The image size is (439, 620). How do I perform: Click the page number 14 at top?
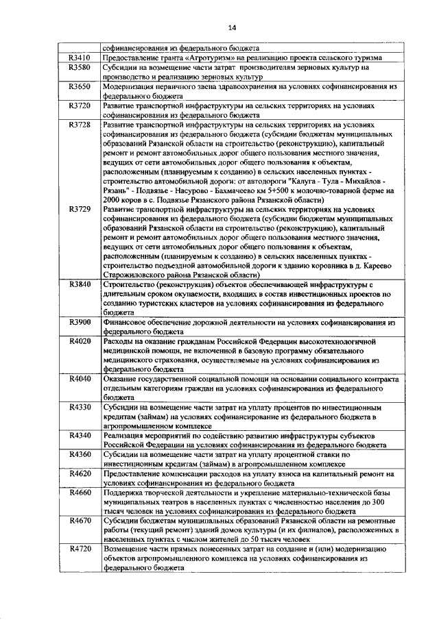point(233,27)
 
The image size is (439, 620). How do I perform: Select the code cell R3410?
point(80,58)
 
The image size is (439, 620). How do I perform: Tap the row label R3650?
point(80,88)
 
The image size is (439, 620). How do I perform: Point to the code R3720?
point(80,107)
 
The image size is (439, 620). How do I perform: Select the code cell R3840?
point(80,284)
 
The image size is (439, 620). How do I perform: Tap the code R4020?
point(80,341)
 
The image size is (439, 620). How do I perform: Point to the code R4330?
point(80,407)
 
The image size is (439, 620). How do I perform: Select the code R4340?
point(80,435)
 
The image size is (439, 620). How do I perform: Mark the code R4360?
point(80,454)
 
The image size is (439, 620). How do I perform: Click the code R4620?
point(80,473)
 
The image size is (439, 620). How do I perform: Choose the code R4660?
point(80,493)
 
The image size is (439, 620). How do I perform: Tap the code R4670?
point(80,521)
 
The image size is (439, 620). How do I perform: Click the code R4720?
point(80,549)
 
